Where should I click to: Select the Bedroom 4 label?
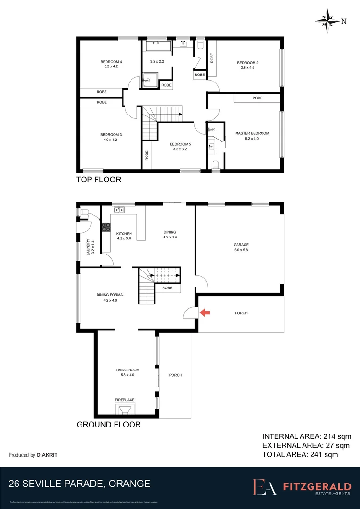111,62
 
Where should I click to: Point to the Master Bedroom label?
252,133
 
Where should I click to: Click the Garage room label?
241,245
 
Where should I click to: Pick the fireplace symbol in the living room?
125,408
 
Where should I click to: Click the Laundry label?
88,248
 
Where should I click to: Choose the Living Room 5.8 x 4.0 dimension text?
125,375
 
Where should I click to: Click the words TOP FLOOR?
99,180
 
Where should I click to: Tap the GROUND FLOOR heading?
108,425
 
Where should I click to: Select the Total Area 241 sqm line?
300,455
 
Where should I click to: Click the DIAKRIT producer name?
50,455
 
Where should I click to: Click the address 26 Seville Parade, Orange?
80,484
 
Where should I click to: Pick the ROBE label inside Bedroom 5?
147,156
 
